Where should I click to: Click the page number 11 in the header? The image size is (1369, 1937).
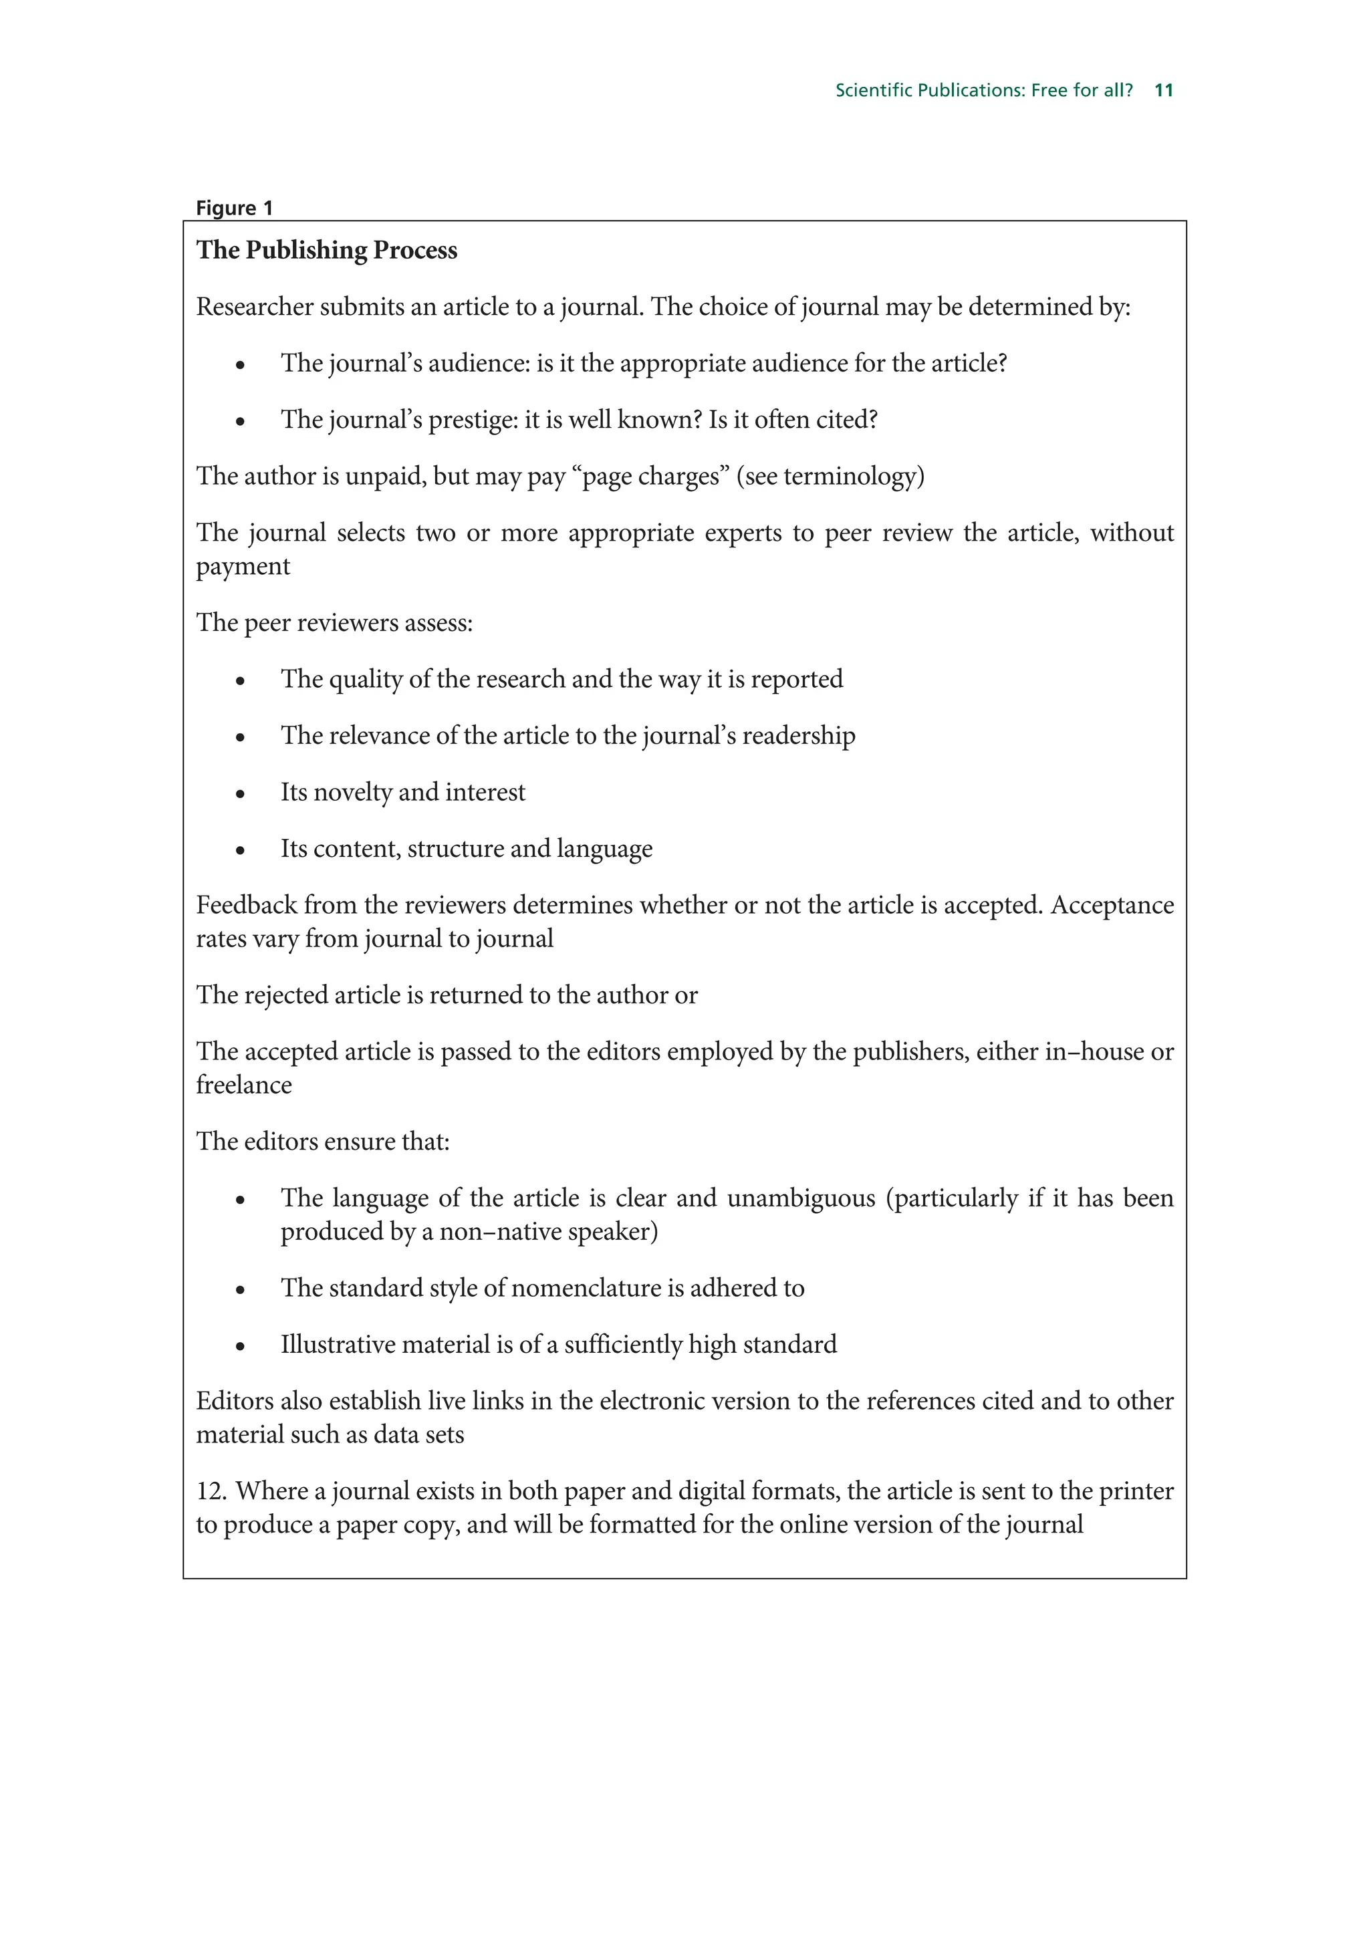click(1163, 90)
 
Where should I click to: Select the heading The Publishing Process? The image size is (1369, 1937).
click(326, 251)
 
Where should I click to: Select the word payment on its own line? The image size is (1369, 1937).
click(243, 567)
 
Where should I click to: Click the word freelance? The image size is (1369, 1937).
click(244, 1085)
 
